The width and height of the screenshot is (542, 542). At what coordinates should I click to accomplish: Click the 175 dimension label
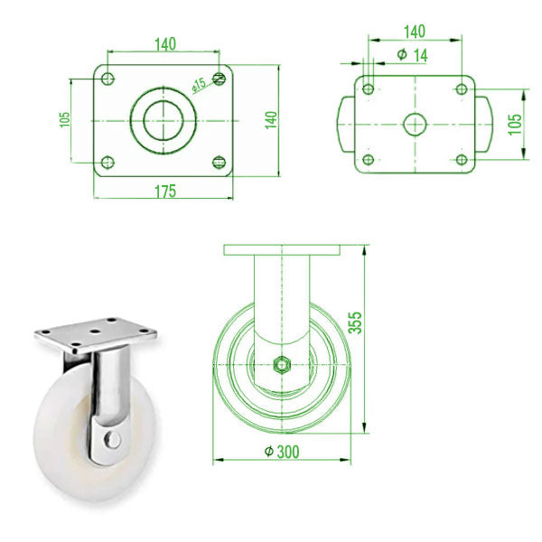coord(164,191)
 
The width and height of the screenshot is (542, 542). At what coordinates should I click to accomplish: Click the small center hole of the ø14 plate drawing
coord(415,123)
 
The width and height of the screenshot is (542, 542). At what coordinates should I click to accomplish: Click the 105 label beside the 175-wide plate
coord(64,119)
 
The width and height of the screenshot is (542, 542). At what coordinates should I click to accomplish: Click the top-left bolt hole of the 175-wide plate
coord(107,77)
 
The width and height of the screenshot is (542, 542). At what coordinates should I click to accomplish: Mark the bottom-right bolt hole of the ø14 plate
coord(462,160)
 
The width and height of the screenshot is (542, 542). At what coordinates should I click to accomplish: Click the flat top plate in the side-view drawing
coord(283,248)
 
